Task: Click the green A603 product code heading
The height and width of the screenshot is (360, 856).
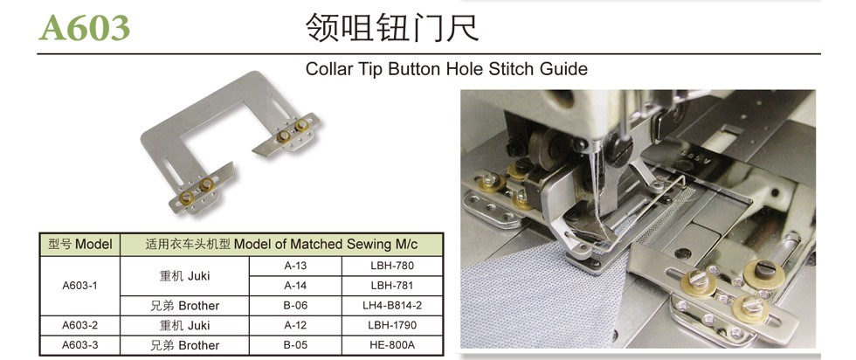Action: [84, 27]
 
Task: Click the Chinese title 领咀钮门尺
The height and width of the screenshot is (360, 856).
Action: [392, 28]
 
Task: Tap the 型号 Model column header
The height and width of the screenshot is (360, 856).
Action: [79, 244]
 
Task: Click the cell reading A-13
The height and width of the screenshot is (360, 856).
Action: [295, 266]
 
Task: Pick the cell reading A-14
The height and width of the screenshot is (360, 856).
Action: [295, 285]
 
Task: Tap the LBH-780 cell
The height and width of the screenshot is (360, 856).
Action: [392, 266]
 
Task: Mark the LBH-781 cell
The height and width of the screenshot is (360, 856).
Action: [392, 285]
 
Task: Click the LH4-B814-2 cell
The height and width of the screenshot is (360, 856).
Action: [392, 305]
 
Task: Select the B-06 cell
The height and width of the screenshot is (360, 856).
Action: [295, 305]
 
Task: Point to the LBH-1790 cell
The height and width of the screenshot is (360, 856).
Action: [392, 325]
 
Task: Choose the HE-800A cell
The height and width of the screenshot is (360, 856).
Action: [392, 345]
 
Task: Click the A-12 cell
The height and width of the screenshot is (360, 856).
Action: [295, 325]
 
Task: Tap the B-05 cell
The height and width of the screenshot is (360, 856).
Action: [295, 345]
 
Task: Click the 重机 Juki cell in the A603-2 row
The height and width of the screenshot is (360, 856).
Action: [184, 325]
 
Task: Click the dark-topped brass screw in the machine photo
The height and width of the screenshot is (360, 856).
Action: [764, 270]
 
